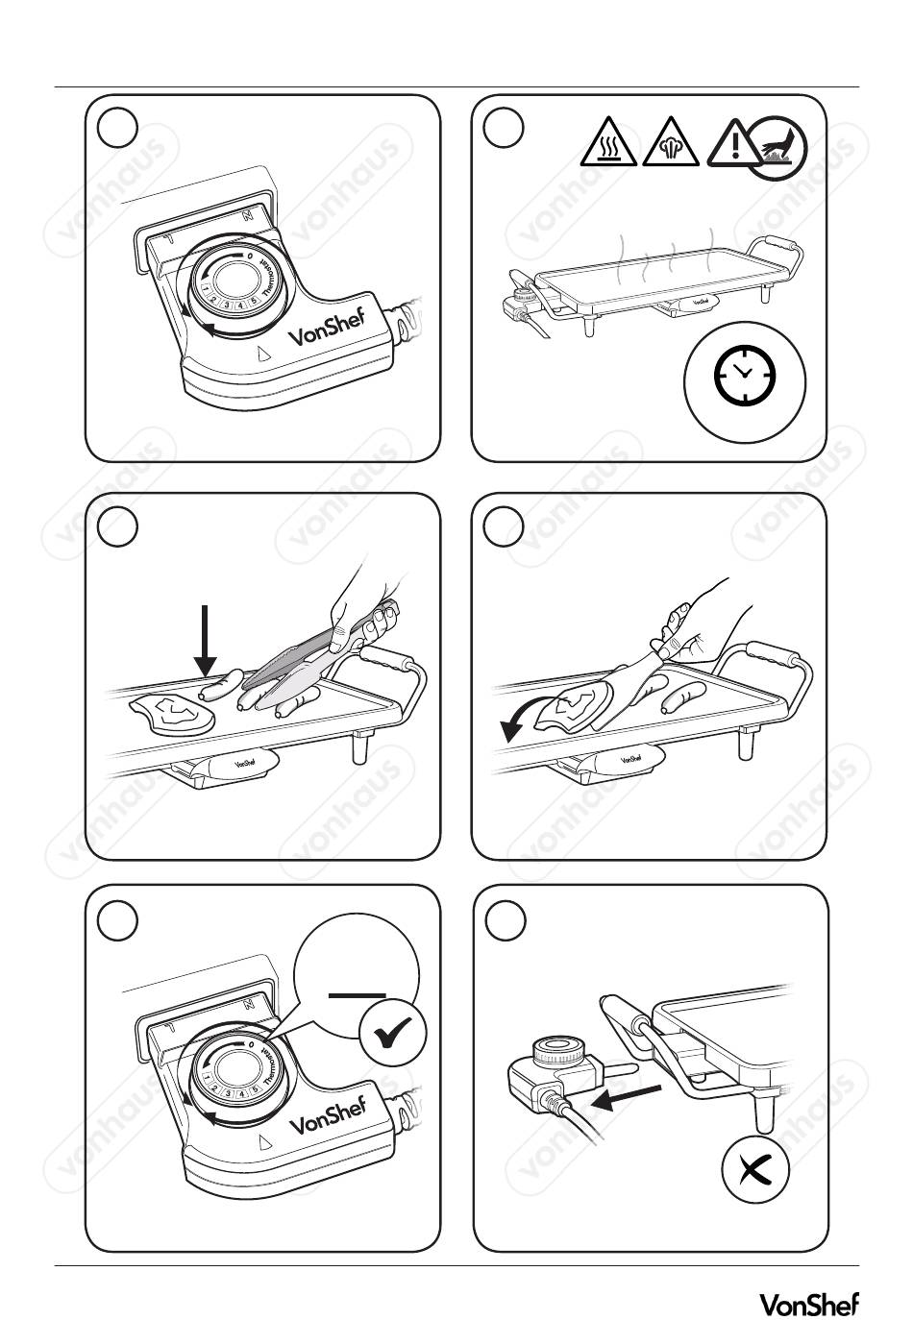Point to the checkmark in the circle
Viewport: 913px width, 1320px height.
(x=393, y=1036)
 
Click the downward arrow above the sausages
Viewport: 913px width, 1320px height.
(x=206, y=639)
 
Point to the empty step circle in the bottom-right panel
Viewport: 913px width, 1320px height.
(x=506, y=921)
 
